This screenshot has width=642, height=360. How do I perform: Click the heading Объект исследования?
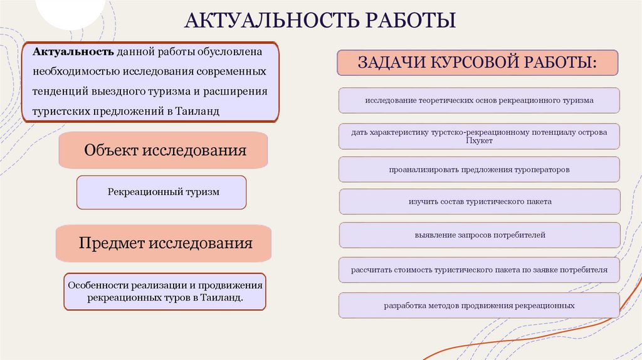pyautogui.click(x=164, y=151)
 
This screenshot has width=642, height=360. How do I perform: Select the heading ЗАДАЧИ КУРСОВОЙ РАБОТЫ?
pyautogui.click(x=478, y=63)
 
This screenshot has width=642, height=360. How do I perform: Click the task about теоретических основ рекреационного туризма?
pyautogui.click(x=479, y=100)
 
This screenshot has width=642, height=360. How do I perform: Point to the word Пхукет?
pyautogui.click(x=479, y=141)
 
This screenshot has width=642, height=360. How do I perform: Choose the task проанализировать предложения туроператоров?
pyautogui.click(x=479, y=169)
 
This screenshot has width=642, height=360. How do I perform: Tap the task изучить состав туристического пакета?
pyautogui.click(x=479, y=202)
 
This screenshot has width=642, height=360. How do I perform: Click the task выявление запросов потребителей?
pyautogui.click(x=479, y=235)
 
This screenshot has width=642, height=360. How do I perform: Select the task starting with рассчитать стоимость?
pyautogui.click(x=479, y=270)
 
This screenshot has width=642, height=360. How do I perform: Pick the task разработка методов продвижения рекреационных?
pyautogui.click(x=479, y=305)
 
